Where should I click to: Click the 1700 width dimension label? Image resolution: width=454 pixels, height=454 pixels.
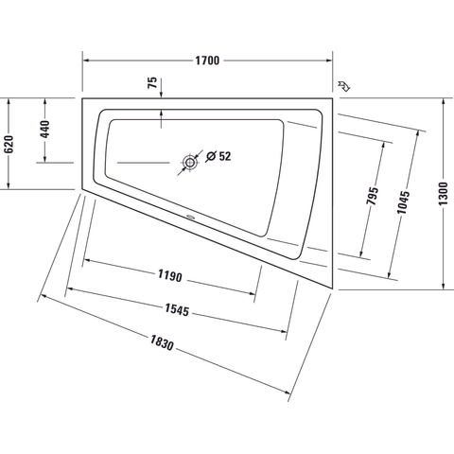[x=207, y=61]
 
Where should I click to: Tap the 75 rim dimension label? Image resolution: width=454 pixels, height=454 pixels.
[x=152, y=82]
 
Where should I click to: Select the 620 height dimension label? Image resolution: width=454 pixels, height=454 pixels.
[x=9, y=144]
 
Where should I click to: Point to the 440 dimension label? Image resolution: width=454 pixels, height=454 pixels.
[x=45, y=130]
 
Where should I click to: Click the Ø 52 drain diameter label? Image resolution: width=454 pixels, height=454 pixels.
[x=218, y=156]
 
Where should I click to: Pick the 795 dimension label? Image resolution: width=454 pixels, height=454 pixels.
[x=373, y=196]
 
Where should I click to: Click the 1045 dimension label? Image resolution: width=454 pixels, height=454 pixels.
[x=403, y=202]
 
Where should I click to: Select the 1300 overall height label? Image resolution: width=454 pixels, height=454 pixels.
[x=444, y=194]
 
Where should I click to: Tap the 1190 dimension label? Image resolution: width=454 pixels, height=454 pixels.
[x=170, y=276]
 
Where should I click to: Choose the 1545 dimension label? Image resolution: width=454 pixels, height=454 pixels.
[x=177, y=310]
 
